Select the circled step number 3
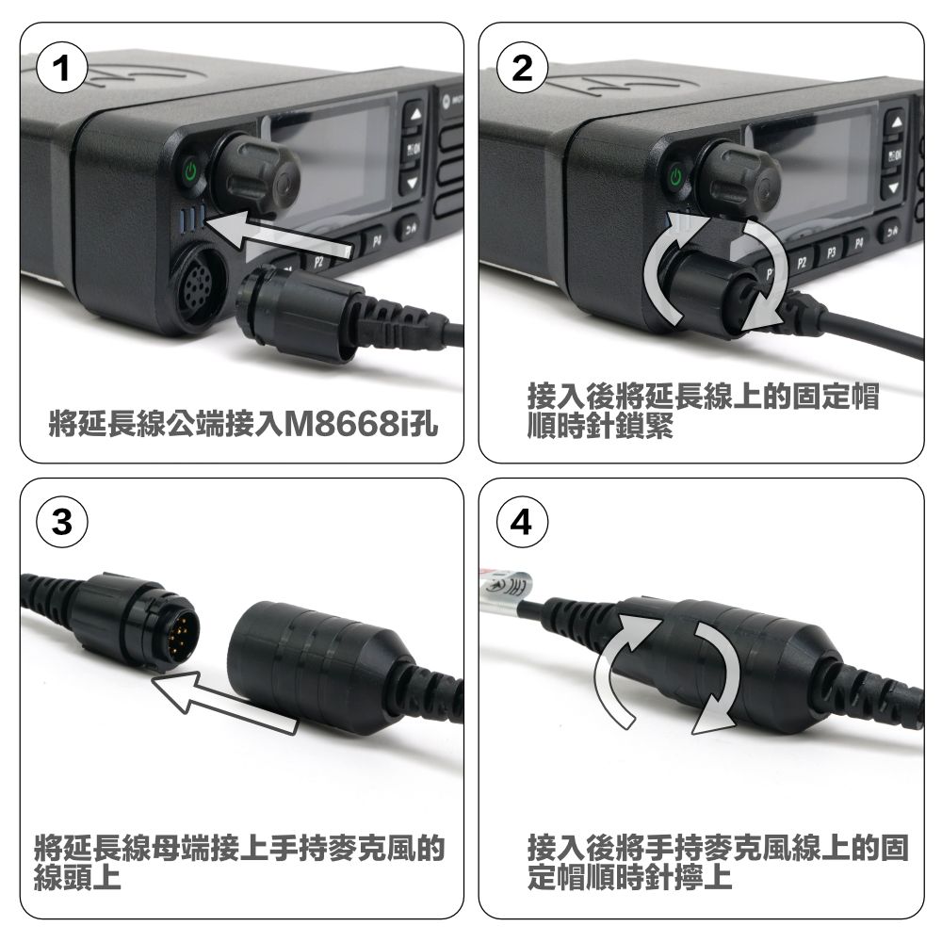click(x=61, y=525)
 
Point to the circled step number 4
click(x=521, y=525)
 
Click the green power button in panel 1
click(x=191, y=171)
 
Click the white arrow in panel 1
click(x=283, y=238)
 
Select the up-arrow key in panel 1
click(x=412, y=113)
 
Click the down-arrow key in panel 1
click(x=412, y=182)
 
